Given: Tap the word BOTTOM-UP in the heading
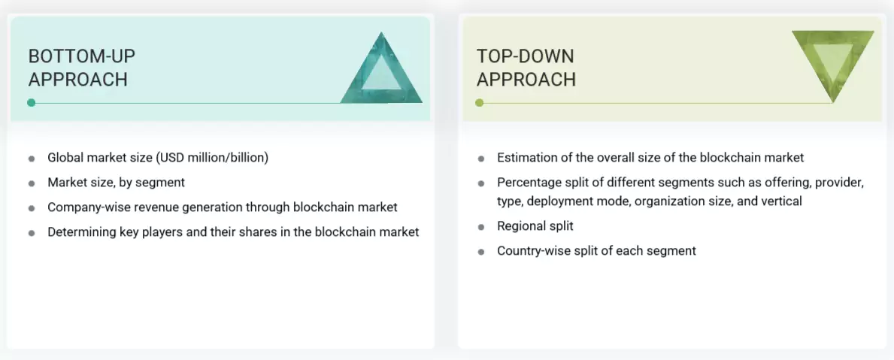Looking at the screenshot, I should click(x=82, y=56).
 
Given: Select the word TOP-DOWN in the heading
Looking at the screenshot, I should click(x=526, y=56).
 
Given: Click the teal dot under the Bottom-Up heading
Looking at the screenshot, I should click(x=31, y=102).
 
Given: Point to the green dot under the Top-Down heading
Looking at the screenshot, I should click(x=480, y=102).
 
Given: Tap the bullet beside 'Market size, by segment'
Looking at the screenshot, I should click(x=32, y=183).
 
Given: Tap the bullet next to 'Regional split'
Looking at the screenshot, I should click(x=481, y=226).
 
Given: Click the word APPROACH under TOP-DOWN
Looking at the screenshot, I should click(x=526, y=79).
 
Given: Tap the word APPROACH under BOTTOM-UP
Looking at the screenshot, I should click(x=77, y=79).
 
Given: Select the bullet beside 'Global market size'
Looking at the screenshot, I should click(x=32, y=159).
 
